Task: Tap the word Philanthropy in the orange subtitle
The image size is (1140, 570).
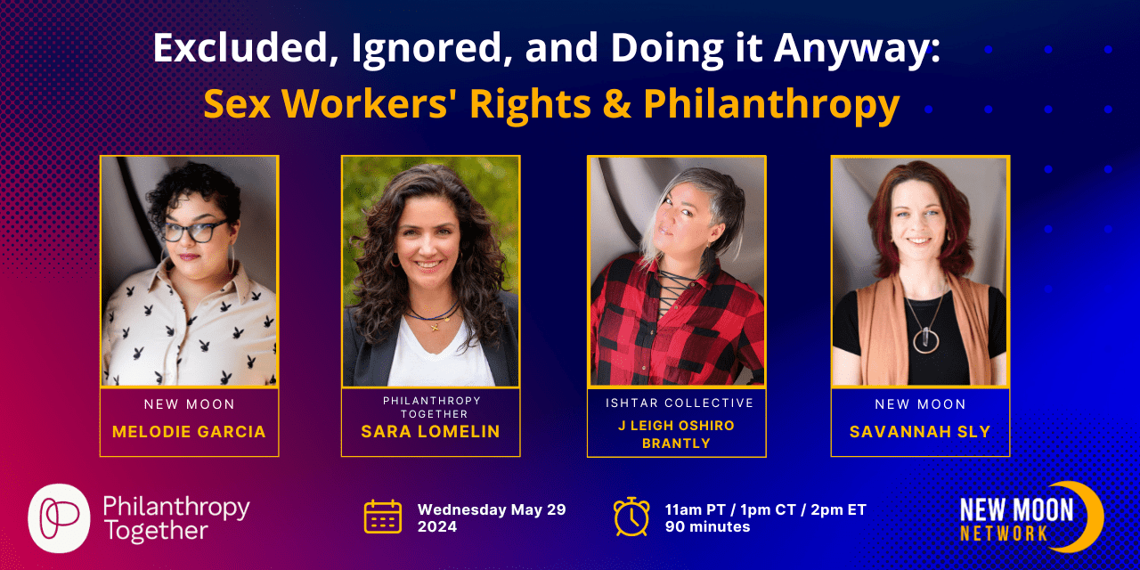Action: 771,105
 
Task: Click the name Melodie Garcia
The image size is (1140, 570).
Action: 189,432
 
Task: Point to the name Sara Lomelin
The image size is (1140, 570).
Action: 430,432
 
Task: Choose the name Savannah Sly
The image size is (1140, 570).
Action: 920,432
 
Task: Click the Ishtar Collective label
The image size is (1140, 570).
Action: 680,403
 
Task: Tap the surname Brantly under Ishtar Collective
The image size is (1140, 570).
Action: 676,444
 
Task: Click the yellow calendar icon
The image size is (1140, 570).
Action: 383,517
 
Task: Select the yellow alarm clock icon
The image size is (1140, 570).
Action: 631,517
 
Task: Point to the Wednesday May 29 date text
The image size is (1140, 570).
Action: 492,509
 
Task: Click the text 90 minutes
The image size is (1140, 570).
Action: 707,526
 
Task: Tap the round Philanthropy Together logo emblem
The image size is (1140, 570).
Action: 59,518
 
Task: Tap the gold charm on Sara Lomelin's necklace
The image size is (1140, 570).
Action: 436,327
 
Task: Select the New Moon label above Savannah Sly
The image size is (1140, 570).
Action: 920,404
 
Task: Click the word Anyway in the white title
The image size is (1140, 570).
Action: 857,49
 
